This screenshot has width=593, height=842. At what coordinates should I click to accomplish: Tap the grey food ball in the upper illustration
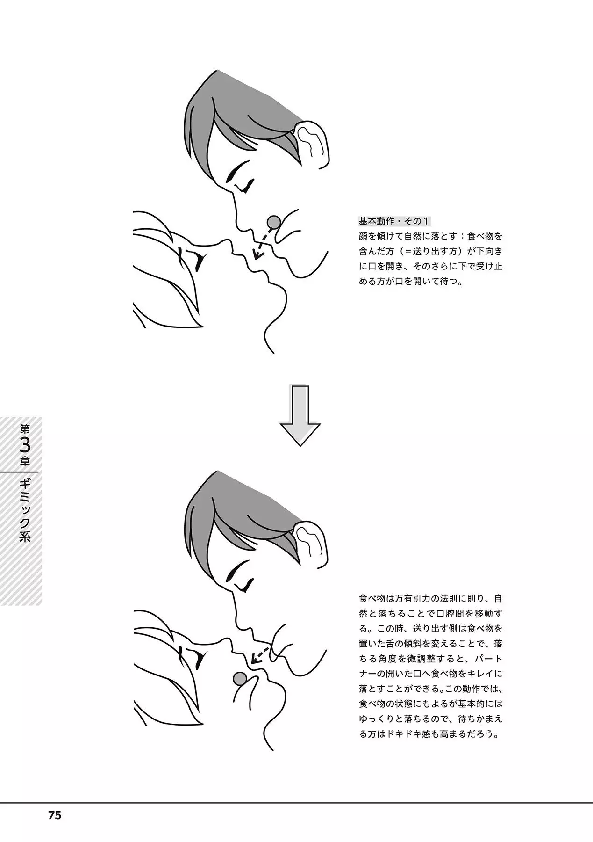[x=273, y=221]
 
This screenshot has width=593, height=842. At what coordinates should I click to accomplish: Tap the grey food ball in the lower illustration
[x=240, y=678]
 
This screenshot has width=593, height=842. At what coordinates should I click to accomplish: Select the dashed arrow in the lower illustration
[x=260, y=655]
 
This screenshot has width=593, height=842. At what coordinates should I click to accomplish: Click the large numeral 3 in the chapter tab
[x=25, y=442]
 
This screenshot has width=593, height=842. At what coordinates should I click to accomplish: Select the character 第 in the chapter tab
[x=25, y=428]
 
